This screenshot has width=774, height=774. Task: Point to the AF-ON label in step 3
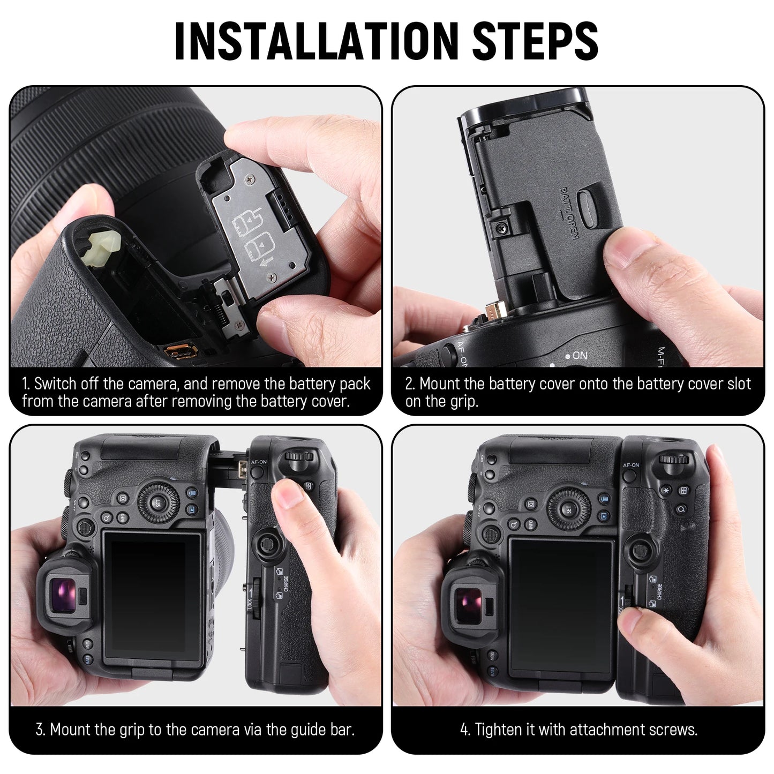[258, 462]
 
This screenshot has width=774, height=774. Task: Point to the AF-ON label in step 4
[632, 465]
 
